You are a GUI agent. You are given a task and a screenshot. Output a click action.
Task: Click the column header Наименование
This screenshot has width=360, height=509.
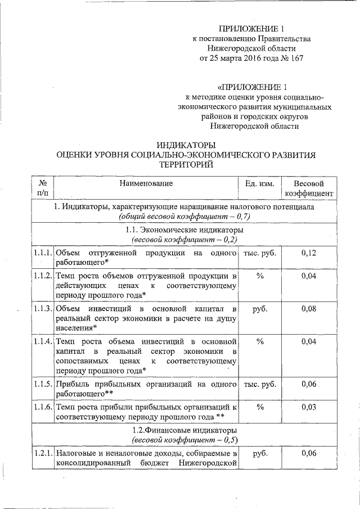tap(146, 183)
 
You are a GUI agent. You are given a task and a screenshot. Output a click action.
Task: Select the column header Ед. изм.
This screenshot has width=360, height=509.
tap(259, 183)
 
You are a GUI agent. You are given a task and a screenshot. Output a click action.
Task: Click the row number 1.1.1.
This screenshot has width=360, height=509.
tap(43, 253)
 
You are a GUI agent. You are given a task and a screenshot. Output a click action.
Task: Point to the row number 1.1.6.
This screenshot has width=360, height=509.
tap(43, 406)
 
